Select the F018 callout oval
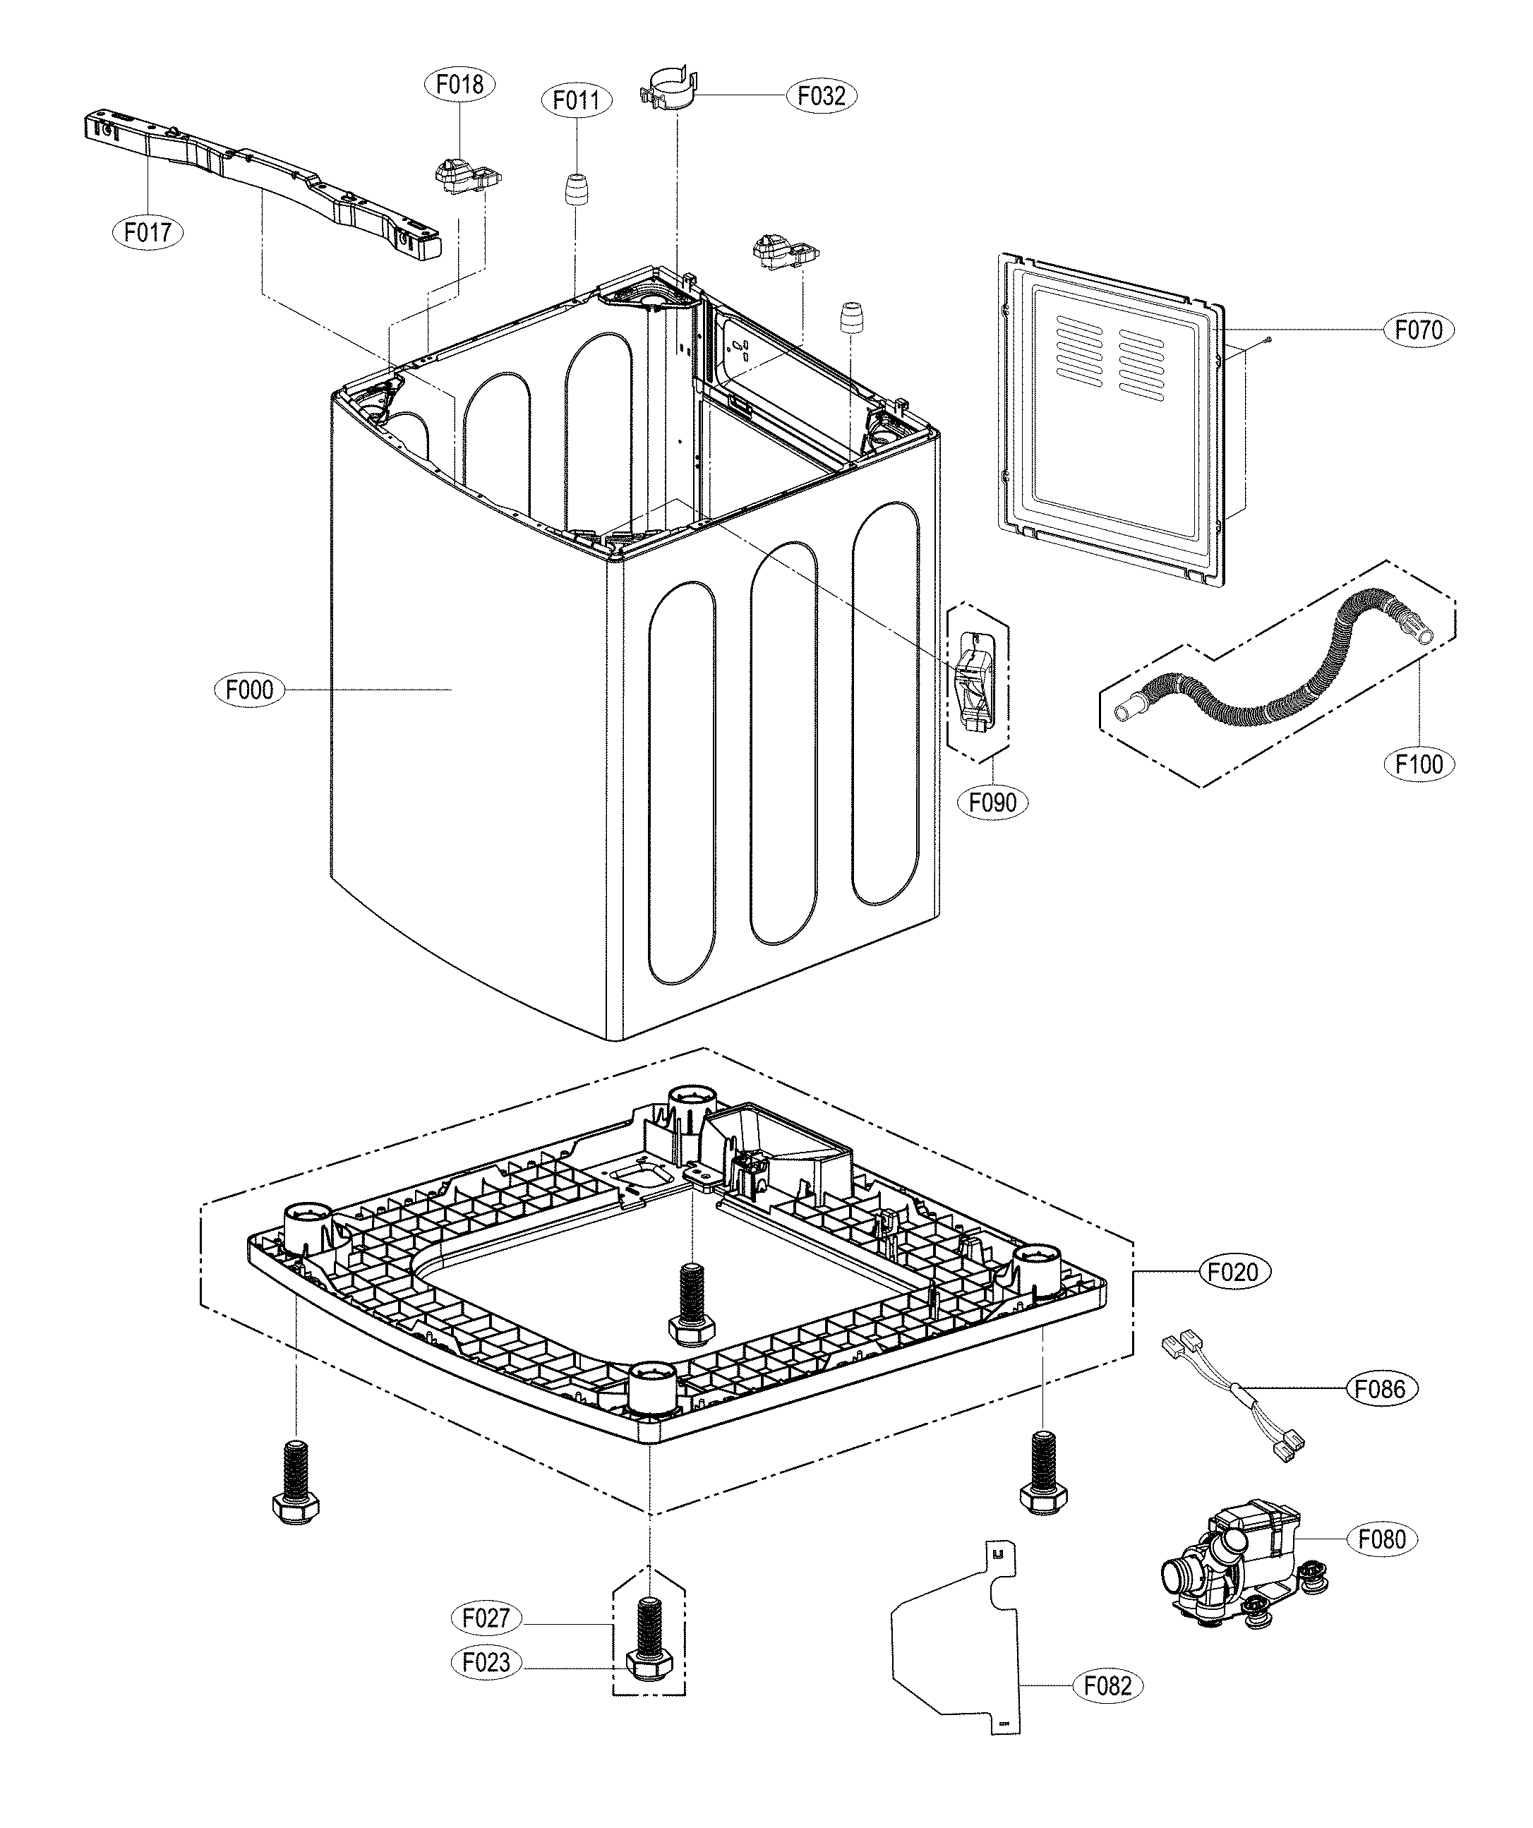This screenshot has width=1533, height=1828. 459,85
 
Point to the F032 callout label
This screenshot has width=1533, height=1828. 822,95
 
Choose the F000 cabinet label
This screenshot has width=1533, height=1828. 249,690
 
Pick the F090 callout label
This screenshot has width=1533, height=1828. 992,802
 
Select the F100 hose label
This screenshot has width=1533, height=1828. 1419,764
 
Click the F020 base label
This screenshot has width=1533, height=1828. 1234,1272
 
